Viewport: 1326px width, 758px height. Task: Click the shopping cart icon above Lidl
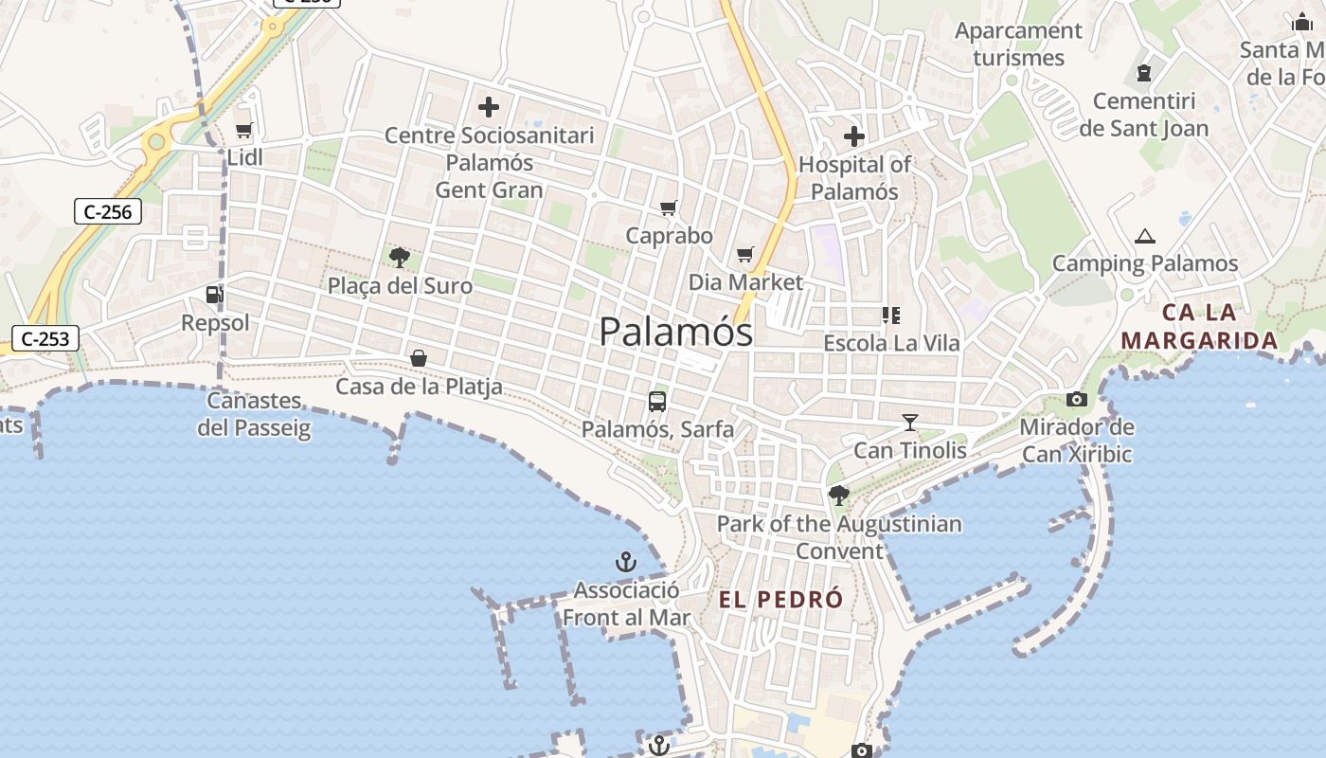pyautogui.click(x=243, y=131)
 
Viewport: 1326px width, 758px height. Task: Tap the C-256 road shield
pyautogui.click(x=108, y=211)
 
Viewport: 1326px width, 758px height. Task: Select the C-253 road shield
pyautogui.click(x=45, y=337)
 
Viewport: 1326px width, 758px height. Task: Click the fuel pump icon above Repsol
pyautogui.click(x=215, y=296)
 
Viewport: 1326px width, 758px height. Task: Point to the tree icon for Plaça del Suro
pyautogui.click(x=400, y=257)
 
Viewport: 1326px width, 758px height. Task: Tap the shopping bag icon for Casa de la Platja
pyautogui.click(x=419, y=358)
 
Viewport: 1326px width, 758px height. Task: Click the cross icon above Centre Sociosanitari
pyautogui.click(x=489, y=107)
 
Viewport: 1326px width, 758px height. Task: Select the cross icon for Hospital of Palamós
pyautogui.click(x=854, y=136)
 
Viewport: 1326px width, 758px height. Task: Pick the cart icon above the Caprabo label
pyautogui.click(x=669, y=208)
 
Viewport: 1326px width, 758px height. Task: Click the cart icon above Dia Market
pyautogui.click(x=745, y=254)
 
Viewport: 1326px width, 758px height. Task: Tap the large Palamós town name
pyautogui.click(x=676, y=332)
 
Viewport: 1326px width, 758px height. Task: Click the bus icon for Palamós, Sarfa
pyautogui.click(x=657, y=402)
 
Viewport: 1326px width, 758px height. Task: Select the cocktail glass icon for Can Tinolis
pyautogui.click(x=910, y=423)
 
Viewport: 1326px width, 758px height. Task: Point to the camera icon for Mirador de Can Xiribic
pyautogui.click(x=1077, y=400)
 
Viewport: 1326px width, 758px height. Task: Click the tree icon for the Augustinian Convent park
pyautogui.click(x=838, y=495)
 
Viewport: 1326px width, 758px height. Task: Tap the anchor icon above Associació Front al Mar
pyautogui.click(x=626, y=563)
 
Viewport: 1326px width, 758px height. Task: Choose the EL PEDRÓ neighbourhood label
pyautogui.click(x=780, y=600)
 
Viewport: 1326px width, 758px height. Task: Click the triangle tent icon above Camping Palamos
pyautogui.click(x=1145, y=237)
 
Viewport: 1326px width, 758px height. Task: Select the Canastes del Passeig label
pyautogui.click(x=254, y=414)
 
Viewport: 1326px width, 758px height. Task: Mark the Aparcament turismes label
pyautogui.click(x=1018, y=44)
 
